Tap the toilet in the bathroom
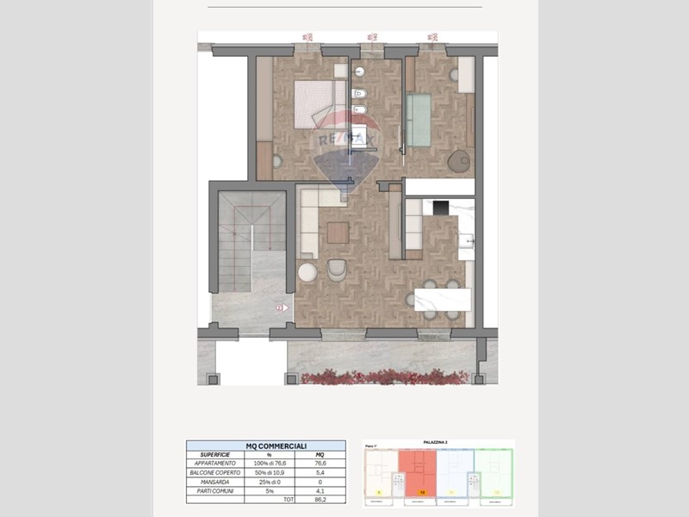click(363, 93)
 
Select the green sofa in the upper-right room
click(419, 121)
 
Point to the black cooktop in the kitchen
click(438, 208)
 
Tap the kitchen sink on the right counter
click(468, 244)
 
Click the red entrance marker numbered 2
click(279, 307)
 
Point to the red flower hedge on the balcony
click(388, 377)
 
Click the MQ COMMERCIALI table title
click(265, 445)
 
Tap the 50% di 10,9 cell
click(270, 472)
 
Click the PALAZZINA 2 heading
click(439, 443)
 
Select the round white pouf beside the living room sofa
click(307, 272)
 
